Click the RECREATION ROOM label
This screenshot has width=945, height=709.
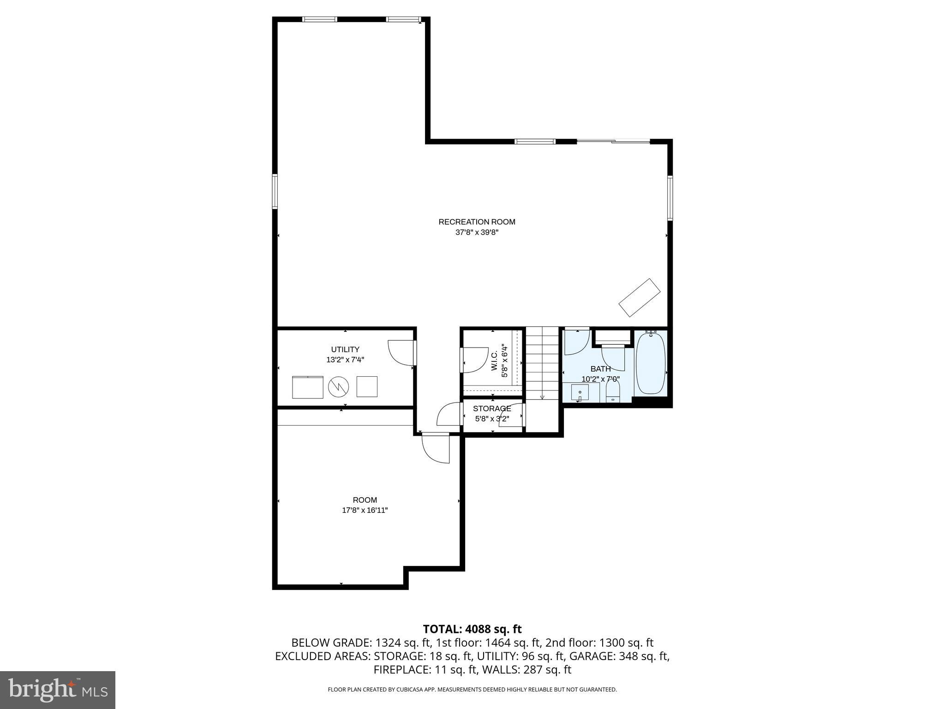click(477, 222)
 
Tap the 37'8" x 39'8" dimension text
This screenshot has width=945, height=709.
click(477, 233)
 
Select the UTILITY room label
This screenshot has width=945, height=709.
click(345, 349)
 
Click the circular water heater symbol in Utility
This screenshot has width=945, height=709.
click(339, 387)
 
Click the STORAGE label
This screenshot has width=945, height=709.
click(492, 409)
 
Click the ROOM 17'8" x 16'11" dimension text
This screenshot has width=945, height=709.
click(365, 511)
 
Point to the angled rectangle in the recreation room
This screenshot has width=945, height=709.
click(639, 297)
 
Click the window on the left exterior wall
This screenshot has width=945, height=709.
click(275, 191)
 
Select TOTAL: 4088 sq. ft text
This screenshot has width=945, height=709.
click(472, 629)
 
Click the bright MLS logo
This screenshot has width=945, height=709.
click(58, 690)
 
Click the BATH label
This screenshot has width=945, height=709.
click(600, 369)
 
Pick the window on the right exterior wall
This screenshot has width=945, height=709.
click(670, 198)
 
